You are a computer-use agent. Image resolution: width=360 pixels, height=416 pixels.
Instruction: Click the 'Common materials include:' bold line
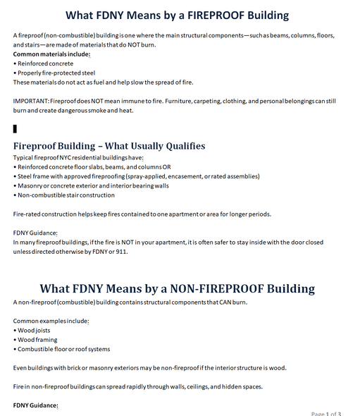[51, 54]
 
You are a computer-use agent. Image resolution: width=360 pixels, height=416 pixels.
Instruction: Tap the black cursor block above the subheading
[15, 128]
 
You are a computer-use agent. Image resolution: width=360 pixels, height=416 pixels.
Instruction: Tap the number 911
[120, 251]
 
